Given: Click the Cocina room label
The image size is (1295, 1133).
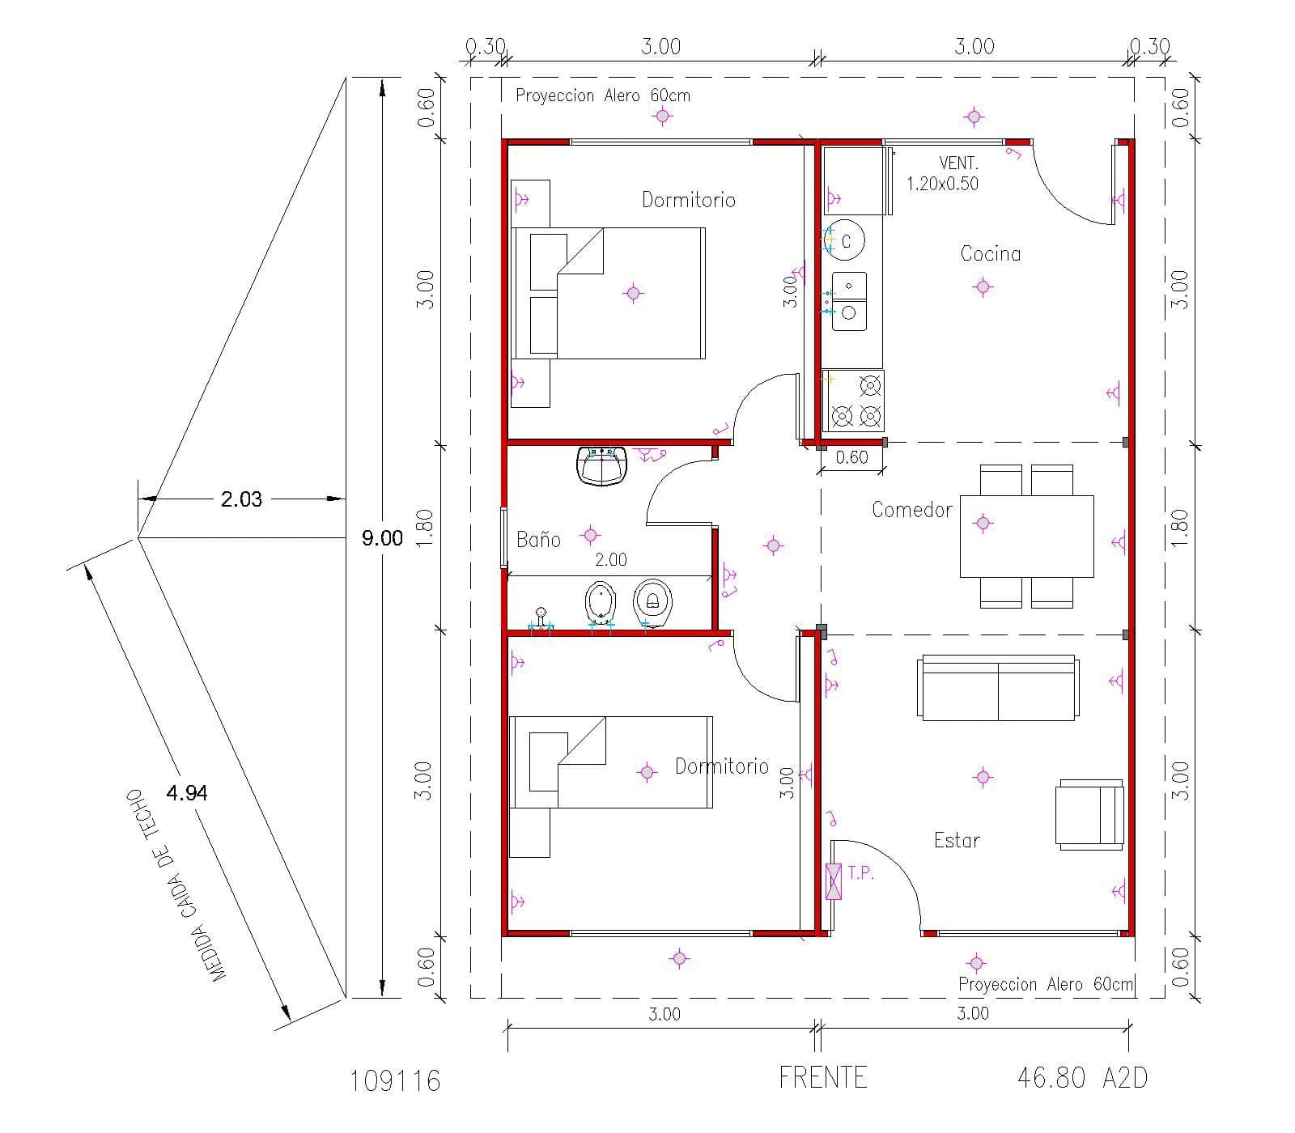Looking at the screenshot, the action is (990, 253).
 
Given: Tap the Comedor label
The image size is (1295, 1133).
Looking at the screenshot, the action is (911, 510).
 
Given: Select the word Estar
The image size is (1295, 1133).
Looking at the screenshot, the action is (957, 840).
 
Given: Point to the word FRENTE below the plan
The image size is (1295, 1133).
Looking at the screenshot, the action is (823, 1077).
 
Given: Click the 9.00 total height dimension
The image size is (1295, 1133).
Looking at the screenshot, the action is (382, 538).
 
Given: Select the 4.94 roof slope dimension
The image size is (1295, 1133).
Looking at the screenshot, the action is (187, 793).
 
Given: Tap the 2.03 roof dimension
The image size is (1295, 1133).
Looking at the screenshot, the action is (241, 499).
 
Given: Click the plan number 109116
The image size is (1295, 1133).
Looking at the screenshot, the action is (396, 1080).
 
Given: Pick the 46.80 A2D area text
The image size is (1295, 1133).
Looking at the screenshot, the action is (1081, 1077).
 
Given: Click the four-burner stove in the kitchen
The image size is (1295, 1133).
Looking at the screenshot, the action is (853, 401).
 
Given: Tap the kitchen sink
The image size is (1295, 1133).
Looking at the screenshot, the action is (849, 301).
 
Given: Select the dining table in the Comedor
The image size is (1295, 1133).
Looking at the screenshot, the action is (1026, 536).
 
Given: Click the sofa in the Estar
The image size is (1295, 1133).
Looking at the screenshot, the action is (998, 688).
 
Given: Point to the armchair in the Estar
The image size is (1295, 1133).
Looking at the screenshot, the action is (1089, 814).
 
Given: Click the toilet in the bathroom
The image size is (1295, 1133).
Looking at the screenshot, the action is (652, 602).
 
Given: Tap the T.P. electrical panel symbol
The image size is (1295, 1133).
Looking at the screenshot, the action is (833, 881).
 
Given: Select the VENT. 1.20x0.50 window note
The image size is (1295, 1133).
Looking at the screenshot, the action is (943, 173).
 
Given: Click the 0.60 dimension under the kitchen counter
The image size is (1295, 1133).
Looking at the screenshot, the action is (851, 457).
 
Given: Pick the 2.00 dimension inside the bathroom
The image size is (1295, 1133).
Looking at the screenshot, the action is (610, 559).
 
